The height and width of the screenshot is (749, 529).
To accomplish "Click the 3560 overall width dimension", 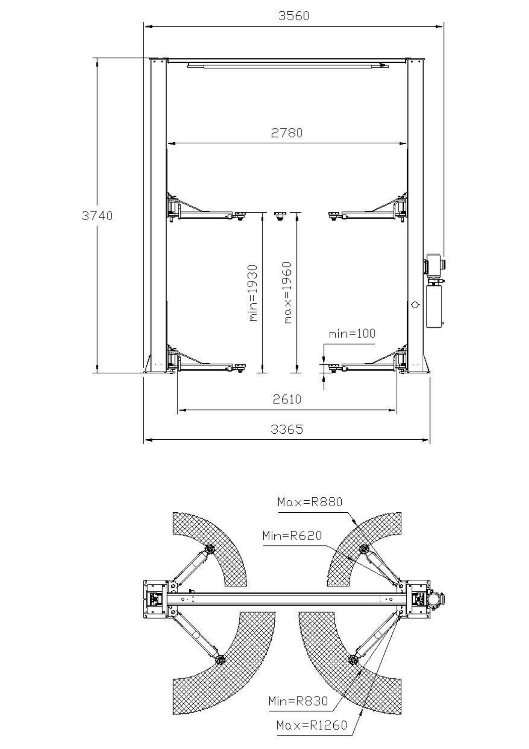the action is click(294, 16).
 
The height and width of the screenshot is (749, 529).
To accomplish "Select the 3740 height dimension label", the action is click(97, 216).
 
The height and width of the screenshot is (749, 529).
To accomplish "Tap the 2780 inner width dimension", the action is click(287, 133).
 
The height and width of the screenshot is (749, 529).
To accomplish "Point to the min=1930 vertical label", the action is click(253, 293).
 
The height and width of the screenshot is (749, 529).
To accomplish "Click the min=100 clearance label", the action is click(352, 333).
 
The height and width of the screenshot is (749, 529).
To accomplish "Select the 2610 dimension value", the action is click(287, 399).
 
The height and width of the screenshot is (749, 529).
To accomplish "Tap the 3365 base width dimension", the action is click(287, 429).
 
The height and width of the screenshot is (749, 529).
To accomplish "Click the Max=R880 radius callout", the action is click(310, 502).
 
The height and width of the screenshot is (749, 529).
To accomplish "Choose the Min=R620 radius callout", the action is click(292, 536).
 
